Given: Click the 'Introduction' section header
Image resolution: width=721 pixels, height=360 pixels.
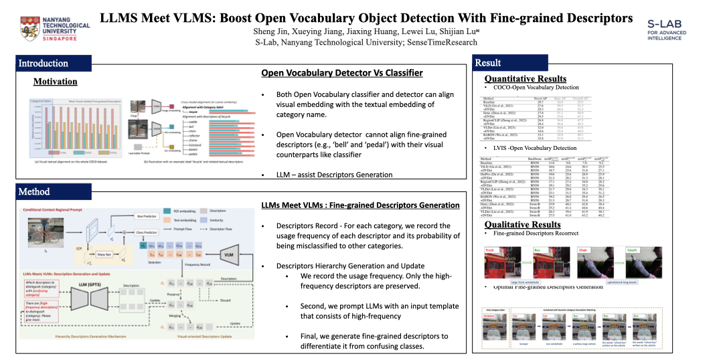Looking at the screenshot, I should tap(43, 64).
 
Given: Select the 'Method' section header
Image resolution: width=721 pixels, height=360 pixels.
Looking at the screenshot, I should tap(34, 191).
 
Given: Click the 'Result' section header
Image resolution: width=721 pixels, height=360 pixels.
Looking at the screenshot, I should tap(487, 63).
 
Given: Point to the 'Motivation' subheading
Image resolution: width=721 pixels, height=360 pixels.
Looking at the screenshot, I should tap(56, 82).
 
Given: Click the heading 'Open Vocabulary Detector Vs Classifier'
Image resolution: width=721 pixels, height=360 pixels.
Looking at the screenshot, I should tap(341, 73).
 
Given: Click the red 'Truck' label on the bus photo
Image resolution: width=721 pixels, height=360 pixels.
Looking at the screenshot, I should tap(489, 251).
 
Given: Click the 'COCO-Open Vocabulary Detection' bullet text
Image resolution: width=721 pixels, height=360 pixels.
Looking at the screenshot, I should tap(535, 88).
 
